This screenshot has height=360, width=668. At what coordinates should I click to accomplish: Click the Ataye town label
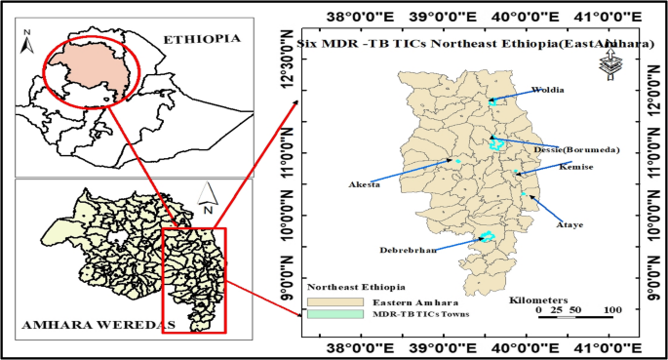tap(569, 224)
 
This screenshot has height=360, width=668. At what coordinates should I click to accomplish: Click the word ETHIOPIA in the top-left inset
tap(201, 39)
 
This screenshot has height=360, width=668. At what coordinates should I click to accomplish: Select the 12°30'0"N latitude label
tap(289, 65)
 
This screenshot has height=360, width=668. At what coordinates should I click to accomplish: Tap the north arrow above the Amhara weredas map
tap(207, 198)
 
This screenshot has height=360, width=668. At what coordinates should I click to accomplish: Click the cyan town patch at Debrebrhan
tap(487, 235)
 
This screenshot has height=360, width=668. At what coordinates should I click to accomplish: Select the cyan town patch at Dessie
tap(497, 144)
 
